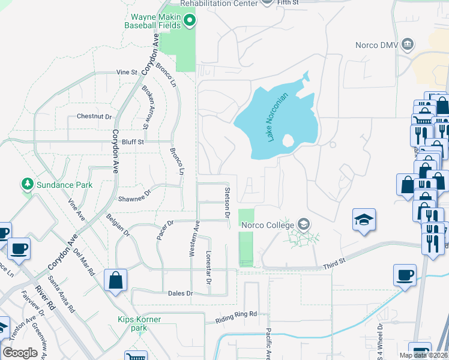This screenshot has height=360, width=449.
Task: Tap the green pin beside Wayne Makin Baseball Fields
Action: (190, 22)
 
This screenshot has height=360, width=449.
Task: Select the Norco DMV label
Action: (376, 44)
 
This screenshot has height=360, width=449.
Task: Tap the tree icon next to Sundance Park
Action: (26, 183)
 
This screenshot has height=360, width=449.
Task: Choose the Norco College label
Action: (266, 226)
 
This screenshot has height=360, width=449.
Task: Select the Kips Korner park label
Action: (139, 324)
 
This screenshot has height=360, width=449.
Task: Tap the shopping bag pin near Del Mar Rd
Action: (115, 280)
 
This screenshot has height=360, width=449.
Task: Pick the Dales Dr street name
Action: (181, 293)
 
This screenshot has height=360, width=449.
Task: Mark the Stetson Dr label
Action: (228, 202)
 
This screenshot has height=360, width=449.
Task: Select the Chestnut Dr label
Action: (94, 116)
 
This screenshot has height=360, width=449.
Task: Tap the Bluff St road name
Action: (133, 142)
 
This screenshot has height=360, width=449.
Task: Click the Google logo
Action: (20, 353)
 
